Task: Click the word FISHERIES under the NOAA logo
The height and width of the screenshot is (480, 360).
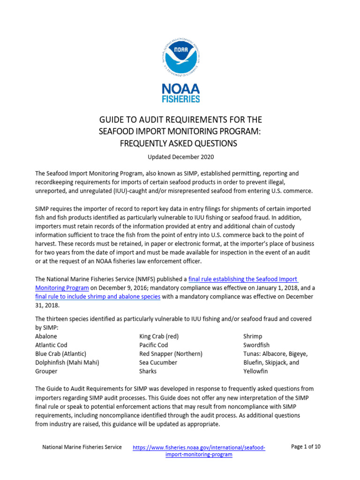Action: pos(181,99)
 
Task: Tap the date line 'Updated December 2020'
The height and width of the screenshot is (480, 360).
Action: pos(180,156)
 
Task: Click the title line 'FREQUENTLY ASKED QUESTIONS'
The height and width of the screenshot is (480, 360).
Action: pos(180,143)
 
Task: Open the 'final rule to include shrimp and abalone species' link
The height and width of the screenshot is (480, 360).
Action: pos(98,297)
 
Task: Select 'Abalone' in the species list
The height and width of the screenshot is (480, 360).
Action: pos(46,336)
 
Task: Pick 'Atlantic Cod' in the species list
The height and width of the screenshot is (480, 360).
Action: pos(51,345)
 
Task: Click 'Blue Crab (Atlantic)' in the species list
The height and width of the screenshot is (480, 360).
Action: pos(60,353)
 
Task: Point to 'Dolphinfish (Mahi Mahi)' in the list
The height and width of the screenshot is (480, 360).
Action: pos(67,362)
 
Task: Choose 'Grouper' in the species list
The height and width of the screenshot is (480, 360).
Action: pos(46,371)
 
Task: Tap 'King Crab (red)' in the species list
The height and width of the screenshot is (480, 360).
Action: pos(159,336)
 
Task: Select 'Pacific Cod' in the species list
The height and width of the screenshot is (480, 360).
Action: pos(155,345)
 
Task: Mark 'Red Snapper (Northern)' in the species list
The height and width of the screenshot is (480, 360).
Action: pos(171,353)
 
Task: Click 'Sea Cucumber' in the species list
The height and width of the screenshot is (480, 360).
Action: pos(158,362)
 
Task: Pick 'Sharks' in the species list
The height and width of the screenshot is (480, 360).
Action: pos(148,371)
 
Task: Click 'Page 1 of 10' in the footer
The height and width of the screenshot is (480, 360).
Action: pos(306,447)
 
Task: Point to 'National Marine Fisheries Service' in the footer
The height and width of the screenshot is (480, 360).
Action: pos(82,447)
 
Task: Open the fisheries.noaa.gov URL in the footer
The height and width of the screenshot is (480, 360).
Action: pos(199,451)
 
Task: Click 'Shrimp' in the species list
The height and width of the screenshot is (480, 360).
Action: pos(253,336)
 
